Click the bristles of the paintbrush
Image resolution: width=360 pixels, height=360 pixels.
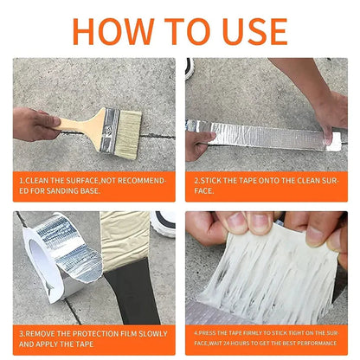click(129, 129)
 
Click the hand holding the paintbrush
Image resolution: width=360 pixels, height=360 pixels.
click(35, 124)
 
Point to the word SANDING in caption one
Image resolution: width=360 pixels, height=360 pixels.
click(60, 190)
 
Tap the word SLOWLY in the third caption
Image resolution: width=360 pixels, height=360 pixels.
click(150, 332)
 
